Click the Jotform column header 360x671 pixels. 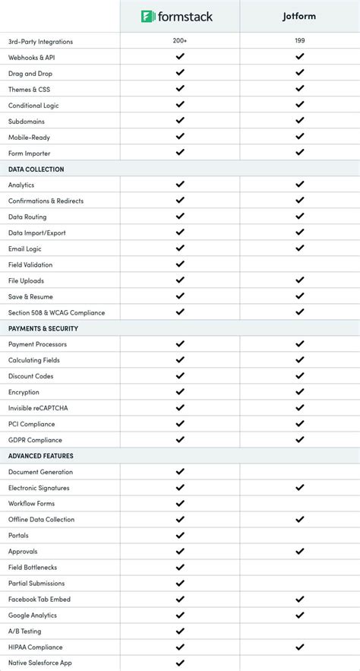pyautogui.click(x=299, y=16)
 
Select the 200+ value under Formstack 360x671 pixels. pyautogui.click(x=180, y=41)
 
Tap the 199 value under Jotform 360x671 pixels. pyautogui.click(x=299, y=41)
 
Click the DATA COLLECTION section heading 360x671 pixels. pyautogui.click(x=36, y=169)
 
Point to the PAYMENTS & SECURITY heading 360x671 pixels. pyautogui.click(x=43, y=328)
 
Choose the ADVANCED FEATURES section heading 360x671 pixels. pyautogui.click(x=40, y=456)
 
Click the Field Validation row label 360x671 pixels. pyautogui.click(x=30, y=264)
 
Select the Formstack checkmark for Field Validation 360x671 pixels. pyautogui.click(x=180, y=264)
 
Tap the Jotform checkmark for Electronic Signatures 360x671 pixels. pyautogui.click(x=299, y=487)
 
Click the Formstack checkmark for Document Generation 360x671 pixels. pyautogui.click(x=180, y=471)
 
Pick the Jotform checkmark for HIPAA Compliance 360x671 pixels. pyautogui.click(x=299, y=647)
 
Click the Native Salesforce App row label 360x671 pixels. pyautogui.click(x=41, y=663)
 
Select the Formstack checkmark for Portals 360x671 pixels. pyautogui.click(x=180, y=535)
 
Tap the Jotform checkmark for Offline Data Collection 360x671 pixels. pyautogui.click(x=299, y=519)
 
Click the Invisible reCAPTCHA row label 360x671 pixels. pyautogui.click(x=38, y=408)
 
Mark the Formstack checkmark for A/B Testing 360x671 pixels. pyautogui.click(x=180, y=631)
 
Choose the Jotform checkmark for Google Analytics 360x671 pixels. pyautogui.click(x=299, y=615)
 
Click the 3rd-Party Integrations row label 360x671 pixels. pyautogui.click(x=41, y=41)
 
